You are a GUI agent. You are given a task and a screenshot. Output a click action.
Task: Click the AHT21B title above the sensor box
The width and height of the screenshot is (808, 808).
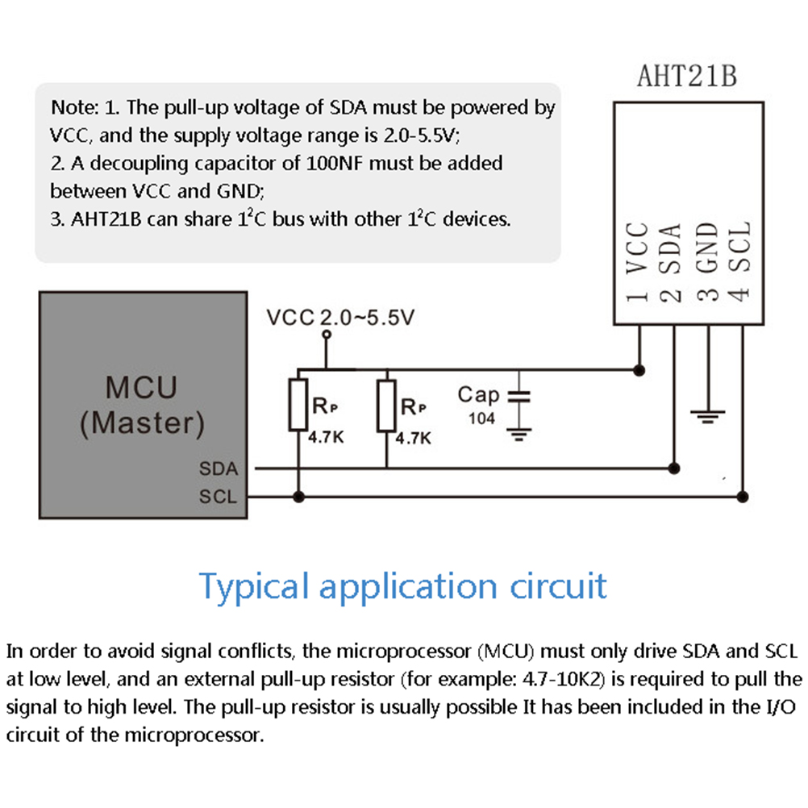[687, 76]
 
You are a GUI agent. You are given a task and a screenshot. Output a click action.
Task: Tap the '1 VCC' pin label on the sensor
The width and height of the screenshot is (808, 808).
[637, 262]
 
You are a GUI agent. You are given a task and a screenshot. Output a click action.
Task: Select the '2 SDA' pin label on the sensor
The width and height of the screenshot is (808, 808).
[670, 262]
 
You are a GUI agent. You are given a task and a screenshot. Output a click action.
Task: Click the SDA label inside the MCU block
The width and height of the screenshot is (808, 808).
[219, 469]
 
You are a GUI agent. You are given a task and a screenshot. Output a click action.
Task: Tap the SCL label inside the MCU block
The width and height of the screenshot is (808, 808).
[218, 496]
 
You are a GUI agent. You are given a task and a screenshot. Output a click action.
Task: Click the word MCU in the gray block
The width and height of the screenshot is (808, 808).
[141, 388]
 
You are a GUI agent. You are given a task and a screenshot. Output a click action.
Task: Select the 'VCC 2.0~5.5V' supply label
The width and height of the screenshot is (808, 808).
[340, 318]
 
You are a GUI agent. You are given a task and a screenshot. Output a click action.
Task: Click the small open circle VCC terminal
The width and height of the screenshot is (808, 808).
[327, 335]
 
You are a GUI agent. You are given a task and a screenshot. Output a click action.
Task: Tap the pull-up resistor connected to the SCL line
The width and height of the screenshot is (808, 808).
[298, 405]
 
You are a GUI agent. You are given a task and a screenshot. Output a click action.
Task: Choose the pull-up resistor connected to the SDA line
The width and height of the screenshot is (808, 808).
[386, 406]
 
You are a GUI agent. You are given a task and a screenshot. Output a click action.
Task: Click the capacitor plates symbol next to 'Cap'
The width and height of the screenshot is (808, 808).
[519, 396]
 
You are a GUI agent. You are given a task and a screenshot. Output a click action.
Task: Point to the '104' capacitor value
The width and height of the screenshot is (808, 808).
[481, 419]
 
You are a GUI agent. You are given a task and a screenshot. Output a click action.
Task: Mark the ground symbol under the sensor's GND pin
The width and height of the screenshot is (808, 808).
[708, 416]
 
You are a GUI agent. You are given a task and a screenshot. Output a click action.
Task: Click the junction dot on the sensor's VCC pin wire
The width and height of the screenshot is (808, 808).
[639, 370]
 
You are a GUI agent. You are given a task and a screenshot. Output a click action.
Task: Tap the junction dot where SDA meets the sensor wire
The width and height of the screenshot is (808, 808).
[673, 469]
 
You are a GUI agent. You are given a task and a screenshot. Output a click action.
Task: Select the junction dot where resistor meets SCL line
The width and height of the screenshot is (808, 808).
[298, 497]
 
